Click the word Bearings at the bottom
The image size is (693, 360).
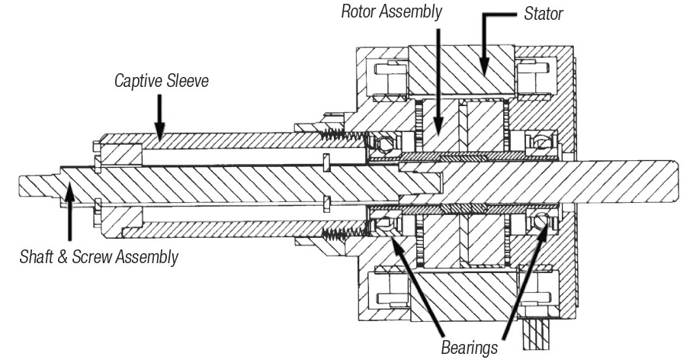[467, 347]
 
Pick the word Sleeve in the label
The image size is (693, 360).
[188, 79]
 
